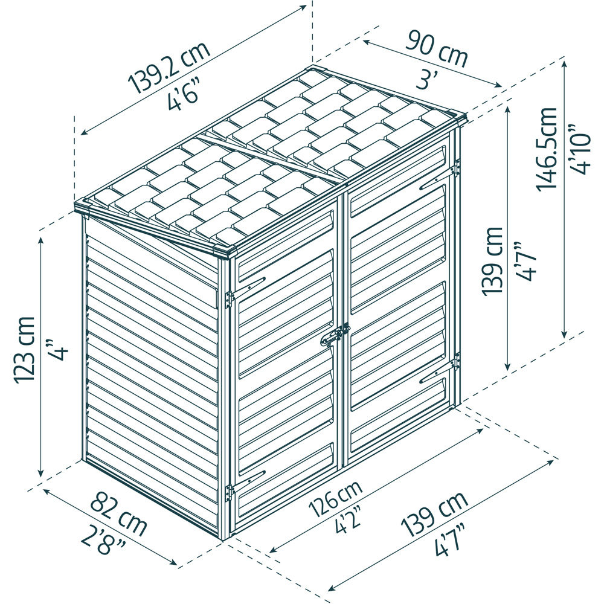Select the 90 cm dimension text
(437, 50)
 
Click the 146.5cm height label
(547, 149)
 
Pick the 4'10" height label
(580, 149)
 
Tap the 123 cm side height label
(25, 350)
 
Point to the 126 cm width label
(336, 500)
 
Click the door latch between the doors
(336, 335)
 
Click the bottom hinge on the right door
(457, 362)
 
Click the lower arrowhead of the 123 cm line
(40, 473)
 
